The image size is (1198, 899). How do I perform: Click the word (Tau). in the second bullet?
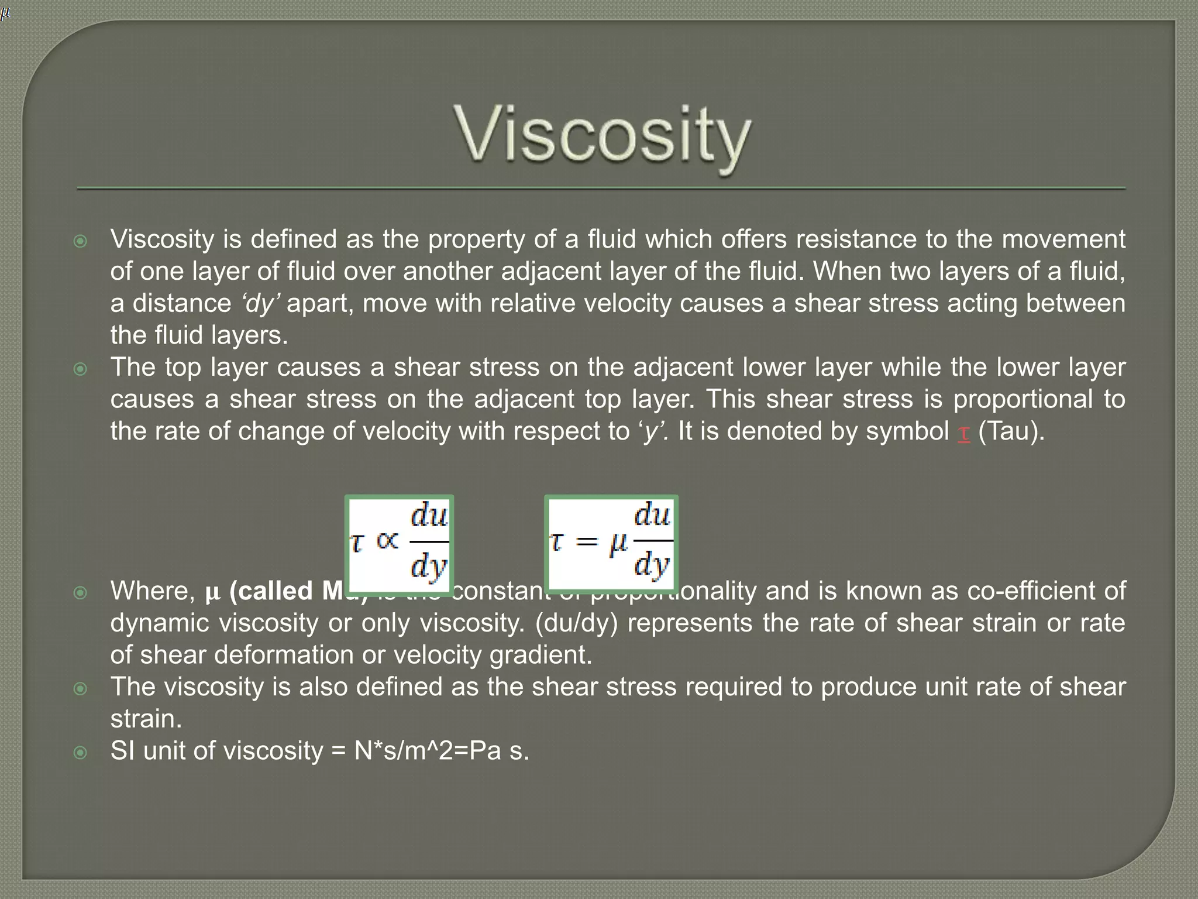pyautogui.click(x=1011, y=431)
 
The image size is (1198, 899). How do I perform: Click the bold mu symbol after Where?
pyautogui.click(x=212, y=592)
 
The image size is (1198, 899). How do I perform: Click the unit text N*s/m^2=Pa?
pyautogui.click(x=428, y=751)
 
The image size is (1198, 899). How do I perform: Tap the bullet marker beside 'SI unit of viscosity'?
pyautogui.click(x=81, y=752)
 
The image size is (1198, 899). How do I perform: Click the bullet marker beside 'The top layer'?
pyautogui.click(x=81, y=369)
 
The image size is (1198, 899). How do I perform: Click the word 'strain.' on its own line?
pyautogui.click(x=146, y=719)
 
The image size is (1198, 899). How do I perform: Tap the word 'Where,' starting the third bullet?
pyautogui.click(x=153, y=591)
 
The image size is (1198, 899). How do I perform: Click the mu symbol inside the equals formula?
pyautogui.click(x=618, y=544)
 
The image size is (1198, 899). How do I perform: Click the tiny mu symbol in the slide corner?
pyautogui.click(x=5, y=13)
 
